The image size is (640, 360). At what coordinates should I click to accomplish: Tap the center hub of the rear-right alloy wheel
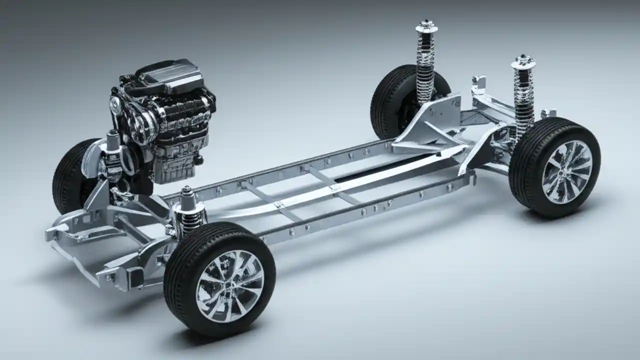click(x=567, y=172)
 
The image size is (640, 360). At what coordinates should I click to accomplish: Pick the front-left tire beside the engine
click(x=70, y=175)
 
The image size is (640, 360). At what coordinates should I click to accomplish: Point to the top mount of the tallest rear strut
click(x=426, y=26)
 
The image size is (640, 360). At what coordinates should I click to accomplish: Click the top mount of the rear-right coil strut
click(x=523, y=62)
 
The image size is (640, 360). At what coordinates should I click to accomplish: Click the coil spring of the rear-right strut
click(x=523, y=100)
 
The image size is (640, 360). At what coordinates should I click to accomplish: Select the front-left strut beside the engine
click(x=112, y=150)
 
